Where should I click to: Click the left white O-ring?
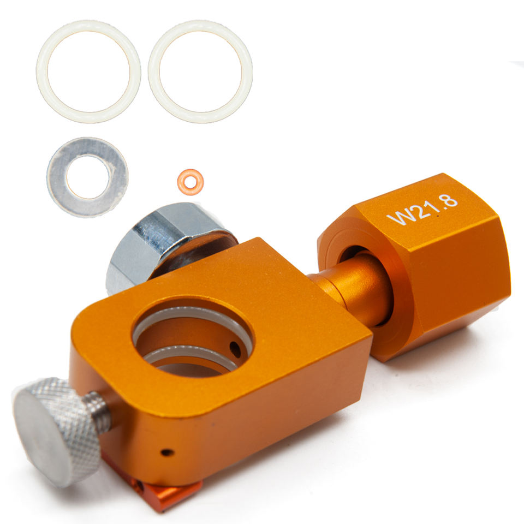(x=42, y=72)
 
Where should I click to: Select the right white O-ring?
(x=154, y=72)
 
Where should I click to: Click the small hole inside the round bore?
(x=235, y=349)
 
